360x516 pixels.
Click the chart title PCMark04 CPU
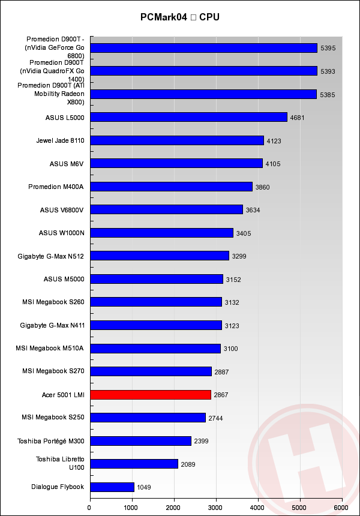pyautogui.click(x=180, y=17)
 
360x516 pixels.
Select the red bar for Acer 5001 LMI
pyautogui.click(x=151, y=394)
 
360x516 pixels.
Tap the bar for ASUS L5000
pyautogui.click(x=188, y=117)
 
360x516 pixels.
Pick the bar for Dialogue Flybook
pyautogui.click(x=112, y=487)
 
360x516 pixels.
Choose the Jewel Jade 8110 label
pyautogui.click(x=60, y=140)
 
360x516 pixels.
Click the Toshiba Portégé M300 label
pyautogui.click(x=52, y=441)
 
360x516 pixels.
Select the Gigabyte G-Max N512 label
pyautogui.click(x=52, y=256)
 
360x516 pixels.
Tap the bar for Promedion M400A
pyautogui.click(x=171, y=187)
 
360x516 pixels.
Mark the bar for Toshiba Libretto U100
pyautogui.click(x=134, y=464)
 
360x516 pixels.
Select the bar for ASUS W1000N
pyautogui.click(x=161, y=233)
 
